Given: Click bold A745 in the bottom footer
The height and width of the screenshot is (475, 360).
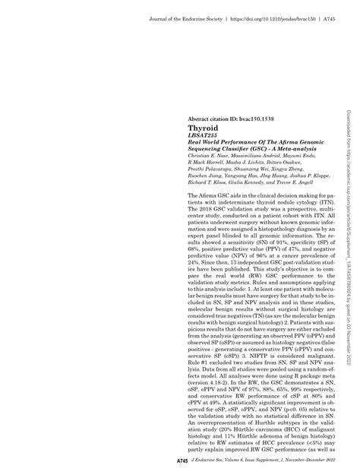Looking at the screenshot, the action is point(182,461).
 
